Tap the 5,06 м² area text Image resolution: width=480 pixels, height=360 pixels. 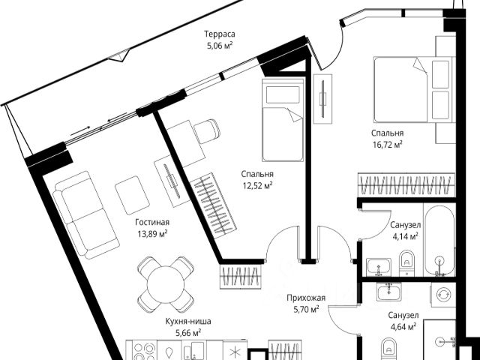[220, 46]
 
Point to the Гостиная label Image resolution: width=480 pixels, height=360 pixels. [152, 222]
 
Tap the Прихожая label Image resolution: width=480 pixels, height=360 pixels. [304, 297]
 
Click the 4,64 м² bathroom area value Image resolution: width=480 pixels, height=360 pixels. [403, 326]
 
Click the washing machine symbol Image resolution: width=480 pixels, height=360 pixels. [442, 295]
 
